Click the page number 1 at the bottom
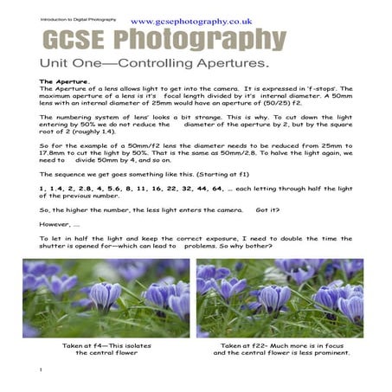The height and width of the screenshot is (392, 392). coord(41,370)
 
